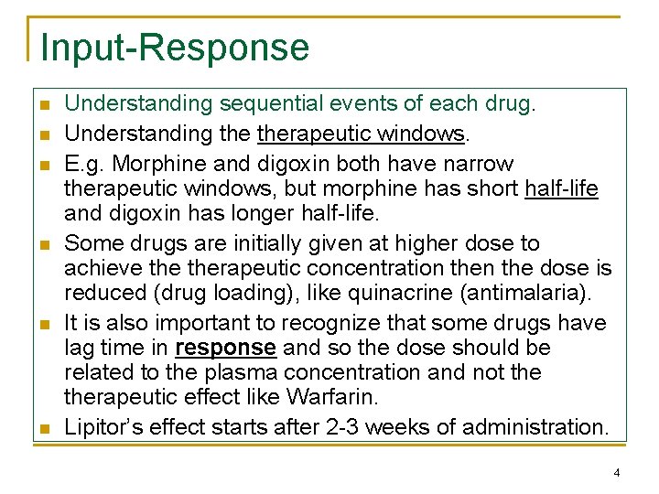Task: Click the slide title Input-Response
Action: coord(175,48)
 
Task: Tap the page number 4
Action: coord(617,473)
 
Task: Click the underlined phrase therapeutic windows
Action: coord(362,134)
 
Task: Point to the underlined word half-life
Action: coord(561,188)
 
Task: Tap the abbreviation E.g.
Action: coord(86,165)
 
